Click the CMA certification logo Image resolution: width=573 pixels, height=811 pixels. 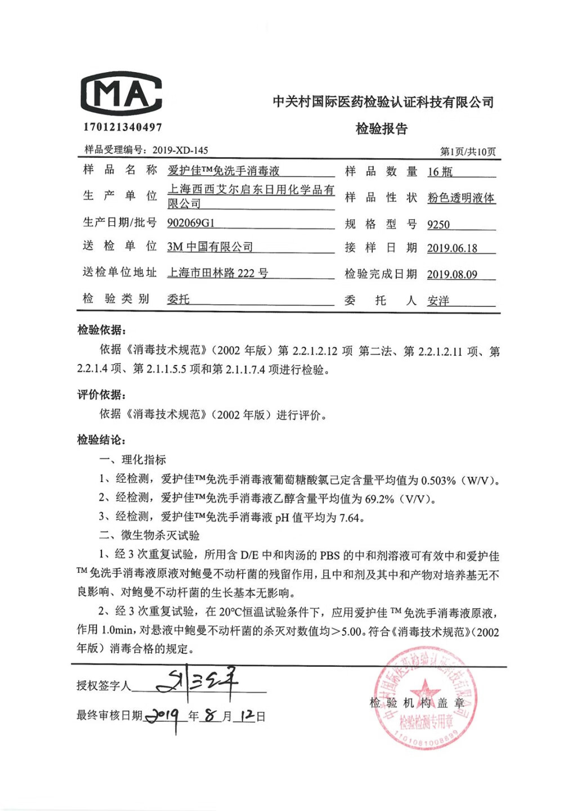(122, 93)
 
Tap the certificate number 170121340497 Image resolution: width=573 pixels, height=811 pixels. (123, 127)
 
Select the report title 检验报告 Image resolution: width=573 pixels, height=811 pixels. (381, 129)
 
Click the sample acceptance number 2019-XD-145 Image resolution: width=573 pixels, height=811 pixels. (180, 150)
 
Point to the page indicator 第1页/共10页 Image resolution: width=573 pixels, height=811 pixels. (468, 151)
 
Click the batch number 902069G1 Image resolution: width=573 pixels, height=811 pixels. (191, 223)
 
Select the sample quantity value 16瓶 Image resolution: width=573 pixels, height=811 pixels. (440, 172)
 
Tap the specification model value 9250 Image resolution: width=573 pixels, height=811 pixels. (438, 225)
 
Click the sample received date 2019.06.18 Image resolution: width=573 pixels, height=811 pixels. (452, 248)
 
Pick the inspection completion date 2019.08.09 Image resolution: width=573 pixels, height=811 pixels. (452, 275)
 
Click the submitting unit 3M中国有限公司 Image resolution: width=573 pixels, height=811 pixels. (210, 247)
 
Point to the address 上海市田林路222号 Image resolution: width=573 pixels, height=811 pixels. (217, 273)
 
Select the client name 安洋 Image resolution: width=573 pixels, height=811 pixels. (438, 301)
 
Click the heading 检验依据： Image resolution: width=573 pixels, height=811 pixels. (102, 330)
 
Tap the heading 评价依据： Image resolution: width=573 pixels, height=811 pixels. (102, 395)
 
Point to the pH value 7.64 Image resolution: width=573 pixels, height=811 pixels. (349, 518)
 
